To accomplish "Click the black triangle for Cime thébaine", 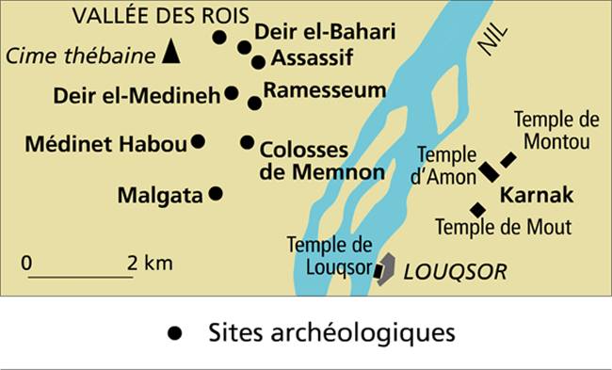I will pyautogui.click(x=170, y=52).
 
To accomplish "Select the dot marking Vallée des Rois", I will pyautogui.click(x=219, y=38).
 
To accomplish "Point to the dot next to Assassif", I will pyautogui.click(x=258, y=62).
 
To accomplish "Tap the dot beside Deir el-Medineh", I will pyautogui.click(x=231, y=93).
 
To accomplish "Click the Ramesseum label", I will pyautogui.click(x=326, y=89).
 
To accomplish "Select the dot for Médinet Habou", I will pyautogui.click(x=198, y=141).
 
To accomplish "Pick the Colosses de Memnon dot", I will pyautogui.click(x=247, y=142).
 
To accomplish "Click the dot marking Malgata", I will pyautogui.click(x=215, y=193).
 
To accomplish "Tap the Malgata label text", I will pyautogui.click(x=160, y=196).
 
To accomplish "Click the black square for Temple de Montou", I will pyautogui.click(x=508, y=160).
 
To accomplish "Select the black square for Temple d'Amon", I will pyautogui.click(x=489, y=171).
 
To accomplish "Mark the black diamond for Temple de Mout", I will pyautogui.click(x=477, y=209).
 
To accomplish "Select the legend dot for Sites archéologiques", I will pyautogui.click(x=173, y=333).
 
